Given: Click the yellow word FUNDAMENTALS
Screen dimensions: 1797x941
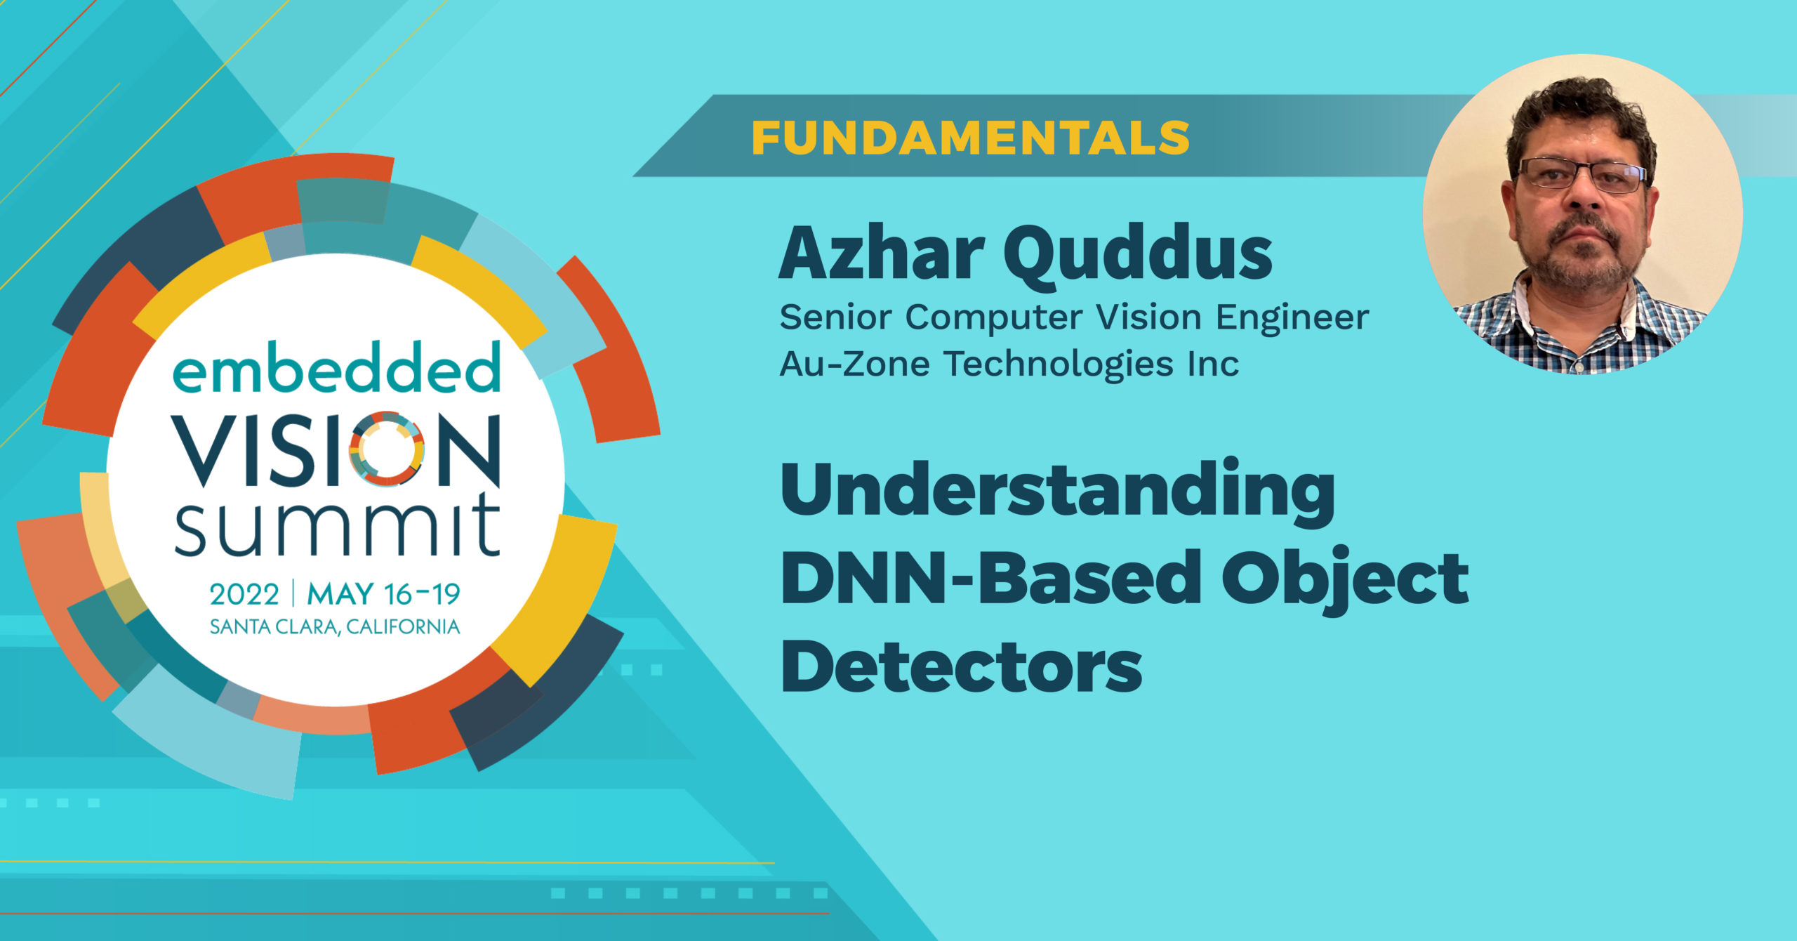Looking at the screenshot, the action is pyautogui.click(x=971, y=138).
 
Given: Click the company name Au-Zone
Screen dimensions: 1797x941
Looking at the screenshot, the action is pyautogui.click(x=855, y=364).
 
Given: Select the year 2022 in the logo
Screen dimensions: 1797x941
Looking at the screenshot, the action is pyautogui.click(x=244, y=595).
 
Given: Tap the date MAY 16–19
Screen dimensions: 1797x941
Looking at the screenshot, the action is pyautogui.click(x=384, y=595).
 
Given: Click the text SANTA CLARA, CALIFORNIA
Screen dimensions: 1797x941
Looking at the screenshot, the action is pyautogui.click(x=335, y=626).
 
